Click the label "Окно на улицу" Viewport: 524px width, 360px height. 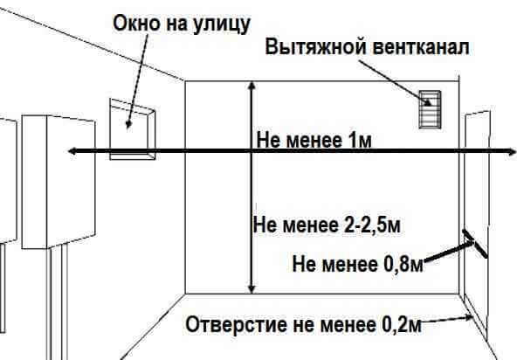pos(182,24)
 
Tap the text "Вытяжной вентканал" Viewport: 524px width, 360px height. pos(367,47)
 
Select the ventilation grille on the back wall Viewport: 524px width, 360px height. pos(430,109)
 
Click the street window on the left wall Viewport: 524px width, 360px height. pos(133,129)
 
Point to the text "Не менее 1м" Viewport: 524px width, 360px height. pos(314,140)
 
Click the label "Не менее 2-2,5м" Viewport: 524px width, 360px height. pos(327,225)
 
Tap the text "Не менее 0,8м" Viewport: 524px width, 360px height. pos(357,264)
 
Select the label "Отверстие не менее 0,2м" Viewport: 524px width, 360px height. pos(303,324)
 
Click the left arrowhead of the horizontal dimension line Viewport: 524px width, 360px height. pos(72,151)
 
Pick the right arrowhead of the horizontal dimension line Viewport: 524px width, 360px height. pos(512,152)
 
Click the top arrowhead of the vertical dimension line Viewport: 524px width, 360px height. pos(252,86)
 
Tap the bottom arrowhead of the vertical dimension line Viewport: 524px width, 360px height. pos(252,289)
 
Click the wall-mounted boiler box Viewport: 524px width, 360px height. pos(59,182)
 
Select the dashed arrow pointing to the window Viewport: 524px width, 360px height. pos(137,80)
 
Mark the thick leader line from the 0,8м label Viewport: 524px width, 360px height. pos(449,251)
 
